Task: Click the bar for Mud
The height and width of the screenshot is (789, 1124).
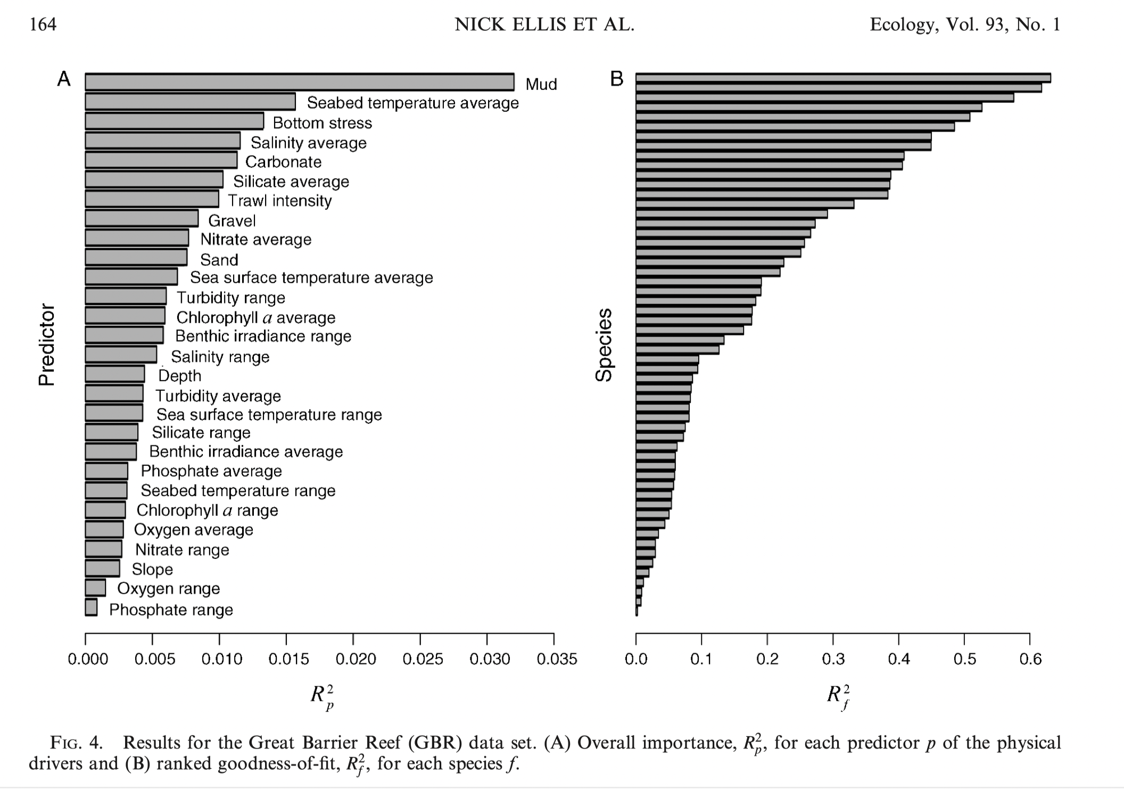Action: tap(299, 83)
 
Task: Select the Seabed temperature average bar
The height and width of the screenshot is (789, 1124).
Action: tap(190, 102)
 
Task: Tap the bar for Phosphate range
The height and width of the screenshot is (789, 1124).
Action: tap(91, 607)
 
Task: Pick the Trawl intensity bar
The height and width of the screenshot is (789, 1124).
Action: tap(152, 199)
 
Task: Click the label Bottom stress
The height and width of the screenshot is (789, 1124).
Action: tap(322, 123)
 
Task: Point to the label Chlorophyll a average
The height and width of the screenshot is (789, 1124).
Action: tap(255, 317)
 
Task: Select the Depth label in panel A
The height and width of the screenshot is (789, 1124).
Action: tap(180, 376)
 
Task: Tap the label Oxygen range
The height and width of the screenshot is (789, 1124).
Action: tap(168, 588)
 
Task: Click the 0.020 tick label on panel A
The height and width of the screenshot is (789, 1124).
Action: tap(356, 659)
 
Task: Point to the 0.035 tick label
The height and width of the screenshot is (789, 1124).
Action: tap(557, 659)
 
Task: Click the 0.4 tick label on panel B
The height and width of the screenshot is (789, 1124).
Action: tap(899, 659)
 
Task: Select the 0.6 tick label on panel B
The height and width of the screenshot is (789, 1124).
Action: tap(1030, 659)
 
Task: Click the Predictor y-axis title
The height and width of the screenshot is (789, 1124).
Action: tap(47, 344)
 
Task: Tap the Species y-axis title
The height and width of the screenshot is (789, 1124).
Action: tap(604, 344)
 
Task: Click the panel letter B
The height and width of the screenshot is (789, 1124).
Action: tap(617, 79)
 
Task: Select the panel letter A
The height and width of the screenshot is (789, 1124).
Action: tap(64, 79)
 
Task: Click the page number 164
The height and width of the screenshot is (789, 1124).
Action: tap(43, 24)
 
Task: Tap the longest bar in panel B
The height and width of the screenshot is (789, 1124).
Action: tap(843, 78)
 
